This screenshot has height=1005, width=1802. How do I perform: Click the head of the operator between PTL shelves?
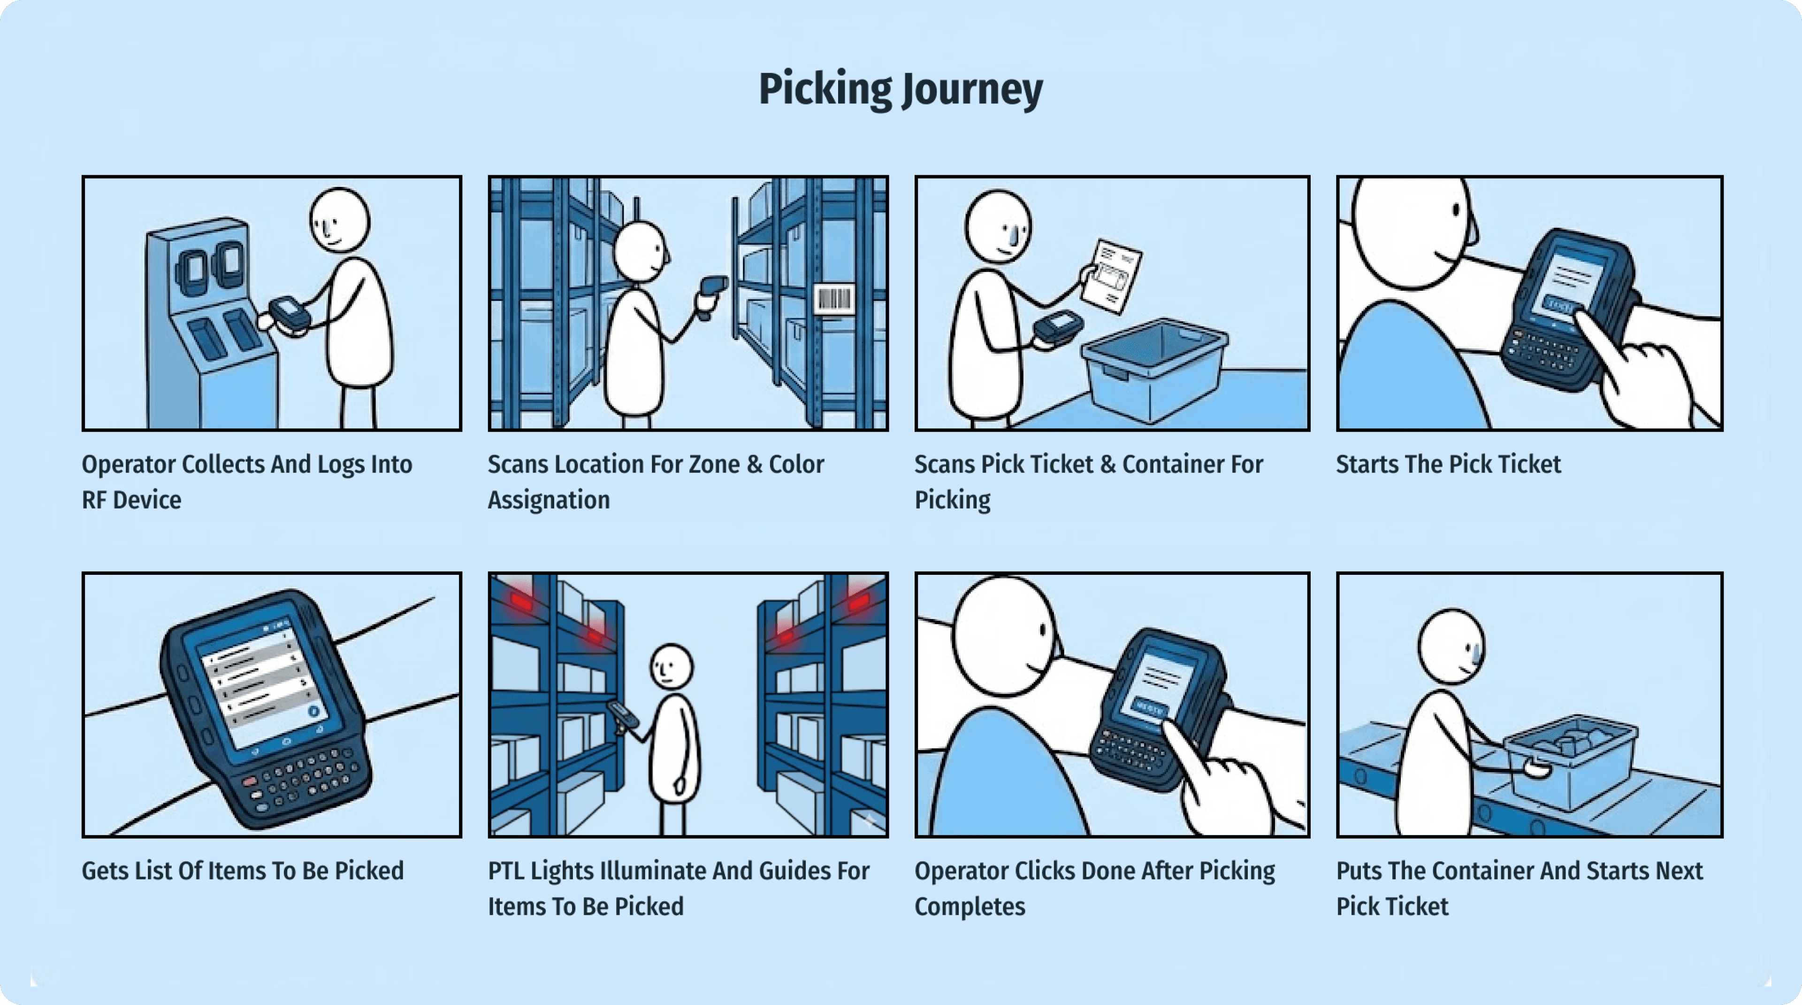pos(671,667)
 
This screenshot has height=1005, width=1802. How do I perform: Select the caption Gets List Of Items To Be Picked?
pos(243,871)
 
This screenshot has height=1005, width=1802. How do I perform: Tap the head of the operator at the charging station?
pos(340,220)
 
